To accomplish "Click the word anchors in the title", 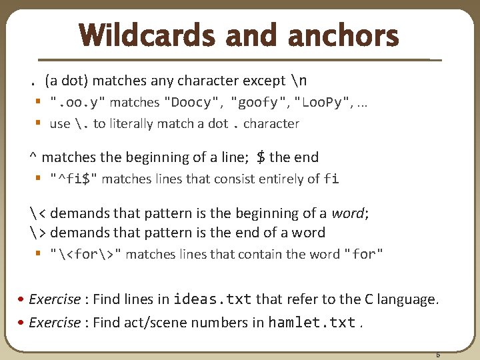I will point(343,36).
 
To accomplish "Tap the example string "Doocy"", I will point(193,103).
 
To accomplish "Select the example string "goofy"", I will point(259,103).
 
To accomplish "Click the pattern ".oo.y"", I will point(77,103).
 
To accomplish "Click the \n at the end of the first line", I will point(299,81).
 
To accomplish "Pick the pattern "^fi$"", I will point(73,179).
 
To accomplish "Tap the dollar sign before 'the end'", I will point(261,157).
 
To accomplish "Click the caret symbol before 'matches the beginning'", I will point(33,157).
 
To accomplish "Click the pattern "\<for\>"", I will point(86,254).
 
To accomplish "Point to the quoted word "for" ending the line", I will point(363,254).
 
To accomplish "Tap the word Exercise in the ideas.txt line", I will point(55,299).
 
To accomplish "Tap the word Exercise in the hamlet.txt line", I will point(55,323).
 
